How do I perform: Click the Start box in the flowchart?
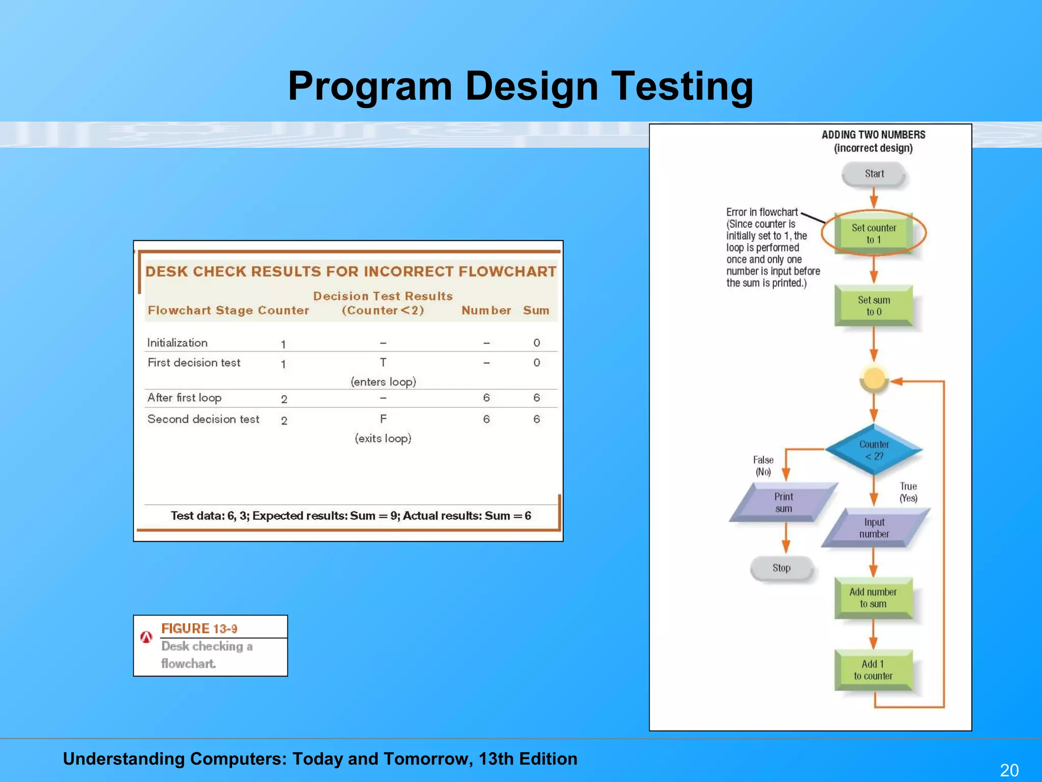(x=874, y=174)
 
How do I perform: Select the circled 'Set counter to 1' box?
(x=874, y=234)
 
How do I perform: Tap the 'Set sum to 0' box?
(x=874, y=305)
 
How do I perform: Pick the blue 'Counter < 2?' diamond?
(x=874, y=450)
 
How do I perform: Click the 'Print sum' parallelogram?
(x=784, y=502)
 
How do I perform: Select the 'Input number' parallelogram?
(x=874, y=528)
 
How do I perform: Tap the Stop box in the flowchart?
(x=781, y=568)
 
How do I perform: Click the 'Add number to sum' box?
(x=873, y=598)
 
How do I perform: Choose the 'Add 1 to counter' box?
(x=873, y=670)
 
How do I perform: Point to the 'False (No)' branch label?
(x=763, y=466)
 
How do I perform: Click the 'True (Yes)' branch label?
(x=908, y=492)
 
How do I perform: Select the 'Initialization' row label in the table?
(x=178, y=343)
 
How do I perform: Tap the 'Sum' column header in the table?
(x=536, y=311)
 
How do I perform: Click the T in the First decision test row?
(x=383, y=362)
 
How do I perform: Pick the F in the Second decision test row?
(x=383, y=419)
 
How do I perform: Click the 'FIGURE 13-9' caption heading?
(x=199, y=629)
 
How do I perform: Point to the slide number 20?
(x=1009, y=770)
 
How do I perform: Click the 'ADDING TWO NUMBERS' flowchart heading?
(x=873, y=135)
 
